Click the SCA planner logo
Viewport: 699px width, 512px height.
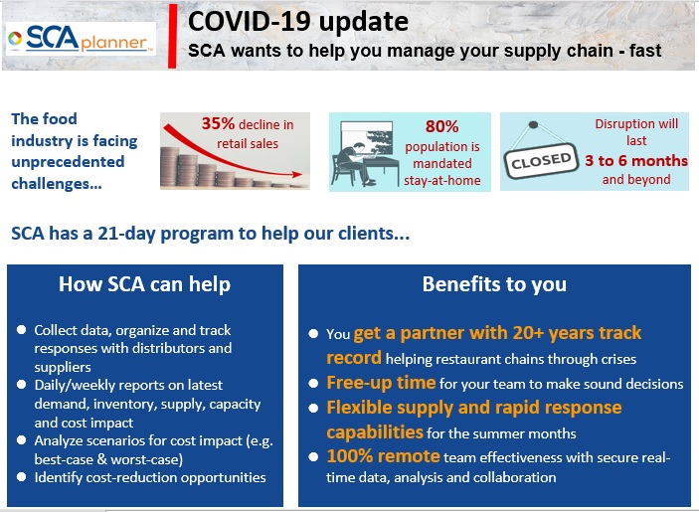[81, 39]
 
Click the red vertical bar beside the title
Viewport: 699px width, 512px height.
[173, 36]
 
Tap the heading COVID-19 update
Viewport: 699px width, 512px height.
[297, 22]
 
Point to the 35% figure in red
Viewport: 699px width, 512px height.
[218, 123]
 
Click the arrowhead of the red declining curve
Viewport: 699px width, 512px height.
[297, 174]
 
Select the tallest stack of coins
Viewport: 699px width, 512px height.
[170, 167]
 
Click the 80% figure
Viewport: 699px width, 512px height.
[441, 126]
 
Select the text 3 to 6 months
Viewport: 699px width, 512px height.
[636, 160]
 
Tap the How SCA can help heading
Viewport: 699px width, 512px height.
[145, 284]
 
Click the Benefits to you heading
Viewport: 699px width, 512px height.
[494, 284]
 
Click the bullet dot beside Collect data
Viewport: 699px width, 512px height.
[21, 330]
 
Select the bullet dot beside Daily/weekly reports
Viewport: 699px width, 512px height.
[21, 385]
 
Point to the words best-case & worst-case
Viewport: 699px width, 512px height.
[108, 459]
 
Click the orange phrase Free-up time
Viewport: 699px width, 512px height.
[381, 383]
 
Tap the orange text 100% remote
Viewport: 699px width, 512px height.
[384, 456]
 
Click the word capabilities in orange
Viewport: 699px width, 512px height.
[375, 432]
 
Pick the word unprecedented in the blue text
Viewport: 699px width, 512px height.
[68, 162]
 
